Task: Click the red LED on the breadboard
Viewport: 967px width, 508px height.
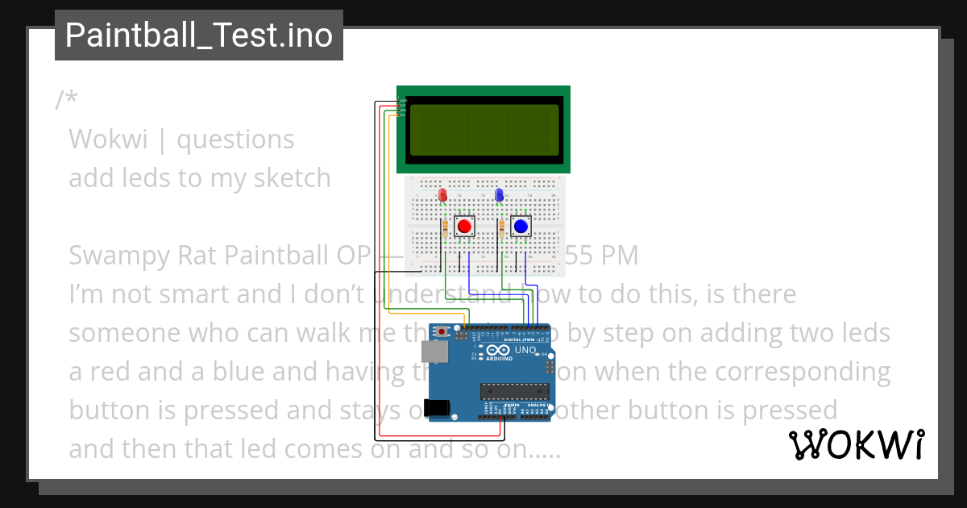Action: tap(442, 195)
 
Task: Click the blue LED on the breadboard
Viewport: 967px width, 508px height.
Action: tap(499, 195)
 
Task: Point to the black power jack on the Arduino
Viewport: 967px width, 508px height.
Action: tap(437, 408)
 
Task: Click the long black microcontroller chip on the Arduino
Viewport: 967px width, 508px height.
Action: tap(515, 392)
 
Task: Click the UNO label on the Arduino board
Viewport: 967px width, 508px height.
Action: tap(525, 351)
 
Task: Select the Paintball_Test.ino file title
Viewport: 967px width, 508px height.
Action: tap(198, 35)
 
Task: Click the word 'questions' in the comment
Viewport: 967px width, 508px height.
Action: tap(235, 139)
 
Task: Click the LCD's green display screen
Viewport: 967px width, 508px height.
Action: tap(483, 129)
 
